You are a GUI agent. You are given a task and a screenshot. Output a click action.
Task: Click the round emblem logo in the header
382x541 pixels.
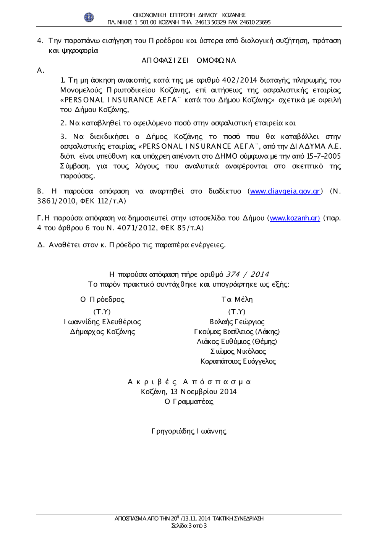(89, 17)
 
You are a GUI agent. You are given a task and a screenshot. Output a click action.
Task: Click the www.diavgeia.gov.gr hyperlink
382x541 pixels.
(285, 191)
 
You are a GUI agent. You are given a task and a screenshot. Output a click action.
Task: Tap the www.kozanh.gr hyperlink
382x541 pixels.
(295, 218)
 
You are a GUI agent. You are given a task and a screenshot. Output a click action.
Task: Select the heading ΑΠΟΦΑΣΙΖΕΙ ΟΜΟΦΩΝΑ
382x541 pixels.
(189, 60)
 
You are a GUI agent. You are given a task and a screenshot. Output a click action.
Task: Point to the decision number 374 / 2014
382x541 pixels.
(247, 275)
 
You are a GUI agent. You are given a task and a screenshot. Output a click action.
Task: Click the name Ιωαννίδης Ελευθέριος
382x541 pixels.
(102, 322)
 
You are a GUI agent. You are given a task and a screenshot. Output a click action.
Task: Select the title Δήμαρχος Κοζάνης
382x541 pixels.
(102, 332)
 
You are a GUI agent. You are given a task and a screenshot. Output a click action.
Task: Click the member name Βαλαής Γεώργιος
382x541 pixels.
(237, 322)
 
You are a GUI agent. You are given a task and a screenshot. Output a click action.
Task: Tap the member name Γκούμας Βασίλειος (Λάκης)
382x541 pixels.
(237, 332)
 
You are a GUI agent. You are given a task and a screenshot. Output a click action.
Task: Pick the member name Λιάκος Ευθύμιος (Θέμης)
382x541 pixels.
(237, 341)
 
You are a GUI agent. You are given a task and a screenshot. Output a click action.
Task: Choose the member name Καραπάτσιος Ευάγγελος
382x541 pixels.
(238, 361)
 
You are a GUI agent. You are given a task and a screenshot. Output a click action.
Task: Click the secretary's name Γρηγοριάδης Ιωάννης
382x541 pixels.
(189, 431)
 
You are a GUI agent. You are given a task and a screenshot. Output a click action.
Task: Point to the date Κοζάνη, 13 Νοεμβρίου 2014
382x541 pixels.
(189, 392)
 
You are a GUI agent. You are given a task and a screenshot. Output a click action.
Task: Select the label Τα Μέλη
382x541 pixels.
(237, 299)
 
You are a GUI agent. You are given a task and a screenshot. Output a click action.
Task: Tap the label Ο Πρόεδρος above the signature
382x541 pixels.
(102, 299)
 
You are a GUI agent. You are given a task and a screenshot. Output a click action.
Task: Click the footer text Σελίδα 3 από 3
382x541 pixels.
(189, 526)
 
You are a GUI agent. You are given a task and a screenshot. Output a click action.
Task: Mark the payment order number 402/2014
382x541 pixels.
(240, 80)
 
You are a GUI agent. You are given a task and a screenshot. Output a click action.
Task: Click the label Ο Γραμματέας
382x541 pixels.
(189, 401)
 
